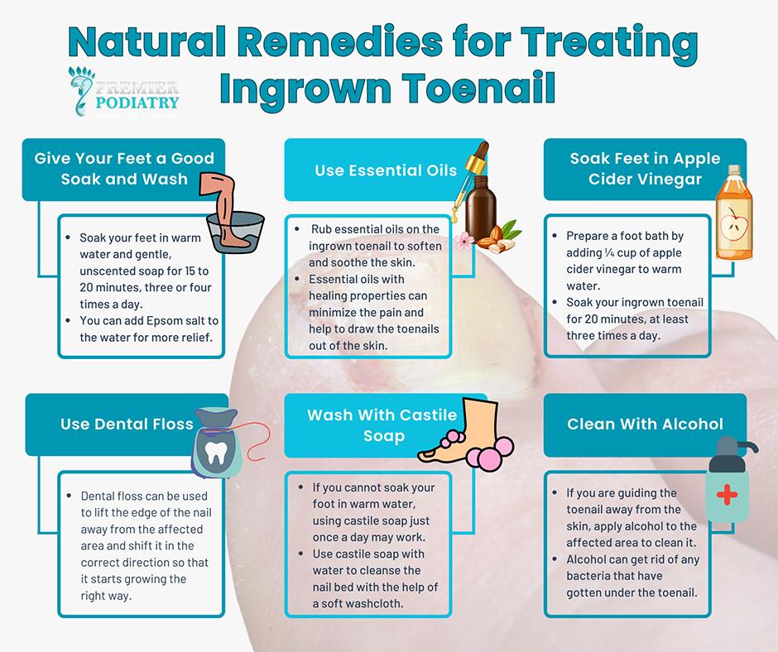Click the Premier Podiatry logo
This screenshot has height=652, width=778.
pyautogui.click(x=124, y=92)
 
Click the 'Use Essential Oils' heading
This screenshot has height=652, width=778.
pyautogui.click(x=386, y=170)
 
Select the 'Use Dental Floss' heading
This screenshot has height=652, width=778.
pyautogui.click(x=127, y=424)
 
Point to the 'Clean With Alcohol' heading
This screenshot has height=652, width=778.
pyautogui.click(x=645, y=424)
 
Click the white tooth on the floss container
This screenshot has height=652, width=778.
pyautogui.click(x=216, y=453)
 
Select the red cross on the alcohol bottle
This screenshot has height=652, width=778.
pyautogui.click(x=727, y=494)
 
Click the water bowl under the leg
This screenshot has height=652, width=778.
pyautogui.click(x=235, y=232)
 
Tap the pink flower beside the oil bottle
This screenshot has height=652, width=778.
pyautogui.click(x=464, y=241)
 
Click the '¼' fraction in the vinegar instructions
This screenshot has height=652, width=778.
pyautogui.click(x=609, y=252)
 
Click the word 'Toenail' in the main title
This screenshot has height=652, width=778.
pyautogui.click(x=479, y=88)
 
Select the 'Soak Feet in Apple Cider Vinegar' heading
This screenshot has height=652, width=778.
pyautogui.click(x=645, y=169)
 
